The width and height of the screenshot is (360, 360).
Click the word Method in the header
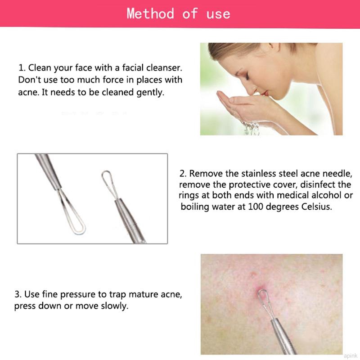[150, 13]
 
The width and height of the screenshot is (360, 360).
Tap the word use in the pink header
[218, 13]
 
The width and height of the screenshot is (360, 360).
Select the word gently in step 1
[151, 93]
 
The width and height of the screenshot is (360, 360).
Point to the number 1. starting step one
[22, 68]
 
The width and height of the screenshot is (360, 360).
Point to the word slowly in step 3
[115, 306]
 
